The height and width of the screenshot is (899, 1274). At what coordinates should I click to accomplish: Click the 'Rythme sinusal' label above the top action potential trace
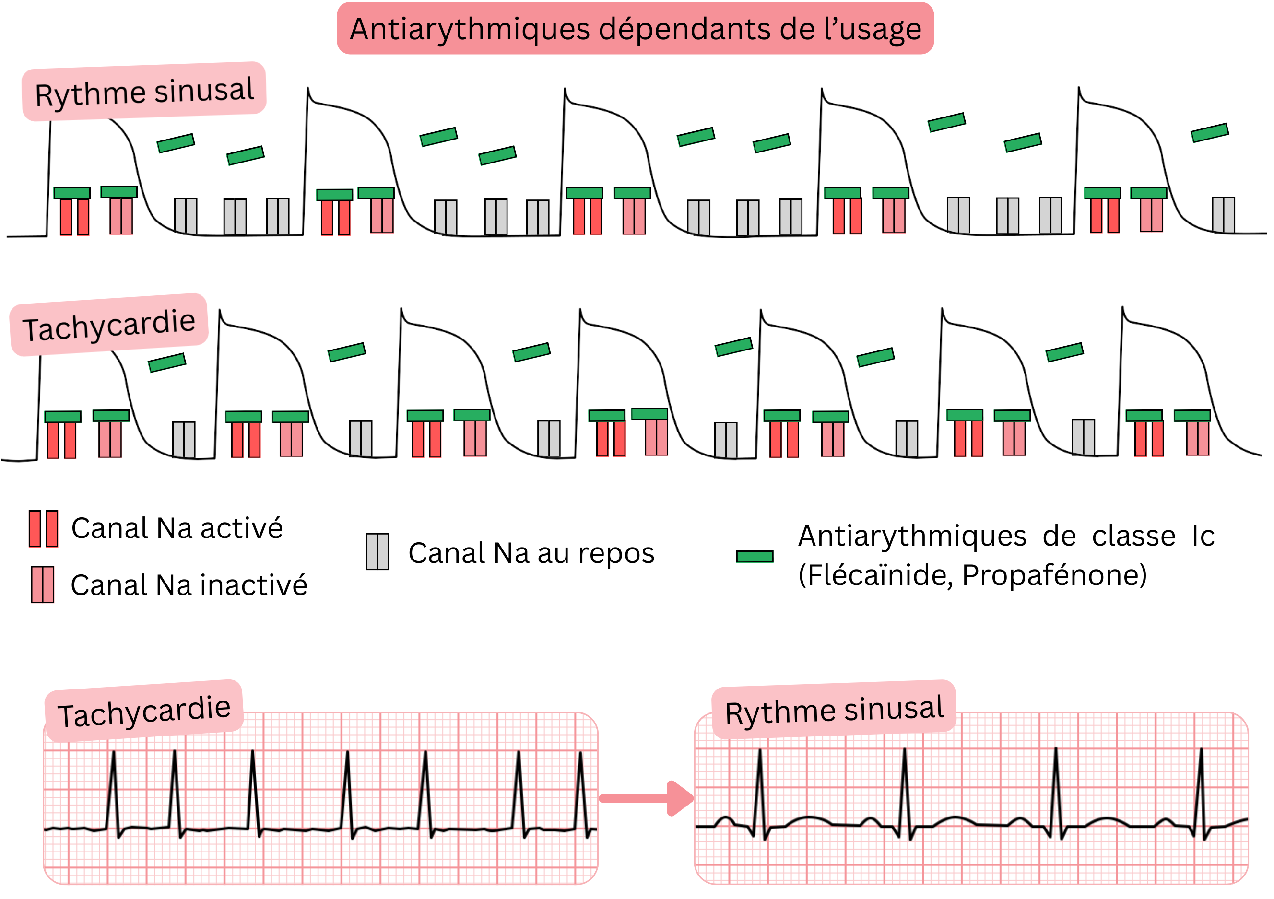144,92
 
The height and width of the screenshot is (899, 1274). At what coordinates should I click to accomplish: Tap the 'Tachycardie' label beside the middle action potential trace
109,325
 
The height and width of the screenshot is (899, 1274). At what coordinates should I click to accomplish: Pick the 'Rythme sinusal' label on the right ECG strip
834,710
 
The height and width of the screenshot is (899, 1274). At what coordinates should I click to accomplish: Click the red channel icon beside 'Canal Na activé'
43,528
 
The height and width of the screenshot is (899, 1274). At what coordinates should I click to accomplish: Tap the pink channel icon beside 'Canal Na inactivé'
43,584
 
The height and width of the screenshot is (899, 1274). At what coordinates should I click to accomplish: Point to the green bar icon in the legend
754,556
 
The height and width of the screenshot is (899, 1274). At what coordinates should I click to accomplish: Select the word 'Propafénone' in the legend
1053,575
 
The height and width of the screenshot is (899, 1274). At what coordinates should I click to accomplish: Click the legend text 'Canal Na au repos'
531,553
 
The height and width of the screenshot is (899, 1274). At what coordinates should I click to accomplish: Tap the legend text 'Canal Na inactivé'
189,585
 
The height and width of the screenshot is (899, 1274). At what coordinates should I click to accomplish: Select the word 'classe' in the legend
1133,537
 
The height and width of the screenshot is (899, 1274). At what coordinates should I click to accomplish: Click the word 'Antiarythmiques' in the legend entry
912,537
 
